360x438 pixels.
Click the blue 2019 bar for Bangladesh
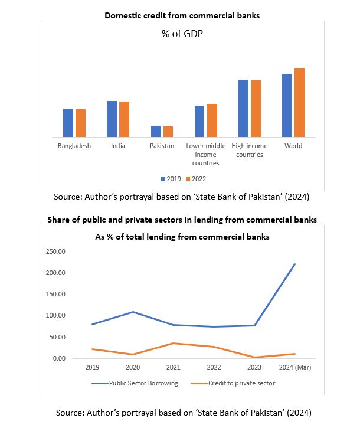(68, 123)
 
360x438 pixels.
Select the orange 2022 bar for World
(299, 103)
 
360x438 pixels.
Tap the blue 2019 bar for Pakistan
(155, 131)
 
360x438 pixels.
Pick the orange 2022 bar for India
(124, 119)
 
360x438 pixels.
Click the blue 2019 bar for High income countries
(243, 108)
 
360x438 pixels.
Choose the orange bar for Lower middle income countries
(212, 120)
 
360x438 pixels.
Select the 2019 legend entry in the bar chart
(171, 179)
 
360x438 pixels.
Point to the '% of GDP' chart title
(182, 34)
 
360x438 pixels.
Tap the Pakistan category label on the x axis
(162, 146)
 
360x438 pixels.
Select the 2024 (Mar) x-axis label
(294, 367)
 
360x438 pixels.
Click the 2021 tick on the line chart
(173, 367)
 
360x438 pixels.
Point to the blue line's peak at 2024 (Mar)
(294, 264)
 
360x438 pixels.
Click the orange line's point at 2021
(173, 343)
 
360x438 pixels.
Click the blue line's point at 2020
(132, 312)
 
